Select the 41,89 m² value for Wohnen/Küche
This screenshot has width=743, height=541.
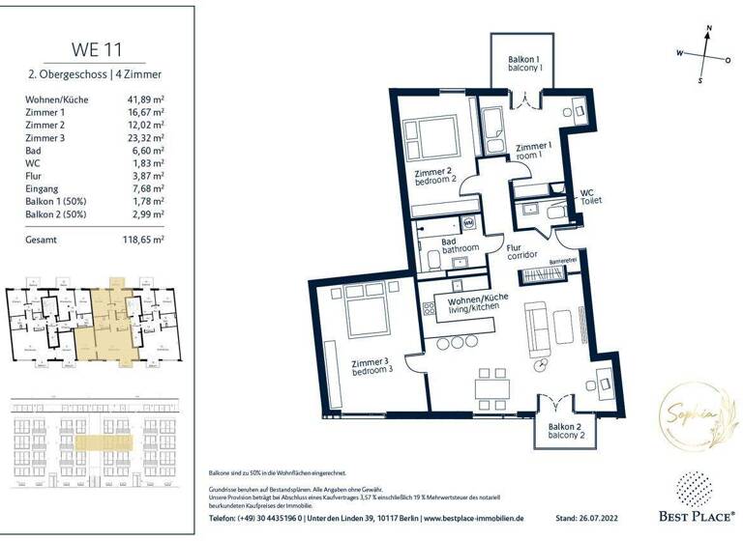pos(147,99)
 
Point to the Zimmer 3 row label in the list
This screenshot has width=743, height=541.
pos(45,138)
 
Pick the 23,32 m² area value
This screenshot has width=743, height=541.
pos(147,138)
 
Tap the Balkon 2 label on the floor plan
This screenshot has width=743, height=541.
pos(564,431)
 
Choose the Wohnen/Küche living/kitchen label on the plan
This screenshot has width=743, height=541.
pos(478,304)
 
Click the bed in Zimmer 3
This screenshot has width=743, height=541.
pos(364,314)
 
